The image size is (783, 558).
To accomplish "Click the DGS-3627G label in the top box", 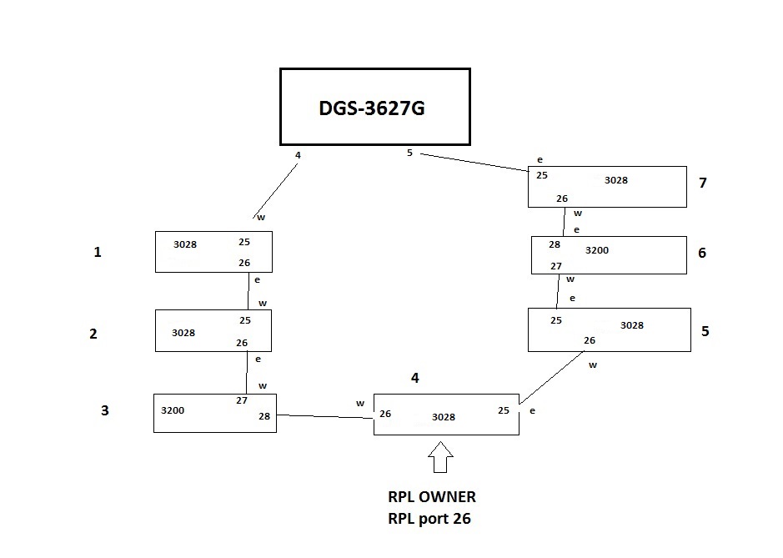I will pyautogui.click(x=372, y=108).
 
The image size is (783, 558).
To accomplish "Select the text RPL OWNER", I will pyautogui.click(x=431, y=497).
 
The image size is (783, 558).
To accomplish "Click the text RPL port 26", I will pyautogui.click(x=429, y=518).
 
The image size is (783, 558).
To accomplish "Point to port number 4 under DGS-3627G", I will pyautogui.click(x=298, y=154).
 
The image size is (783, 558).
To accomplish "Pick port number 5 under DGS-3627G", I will pyautogui.click(x=409, y=153).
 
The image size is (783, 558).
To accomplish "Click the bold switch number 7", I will pyautogui.click(x=703, y=183).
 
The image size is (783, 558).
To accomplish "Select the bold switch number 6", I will pyautogui.click(x=702, y=253).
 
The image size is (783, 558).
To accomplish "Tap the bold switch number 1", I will pyautogui.click(x=98, y=251).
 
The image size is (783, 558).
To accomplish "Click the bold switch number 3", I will pyautogui.click(x=104, y=410).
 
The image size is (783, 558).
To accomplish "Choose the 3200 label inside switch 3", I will pyautogui.click(x=173, y=410).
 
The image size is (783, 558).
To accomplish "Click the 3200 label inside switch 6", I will pyautogui.click(x=597, y=249).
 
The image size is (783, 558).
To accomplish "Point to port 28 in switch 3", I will pyautogui.click(x=264, y=416).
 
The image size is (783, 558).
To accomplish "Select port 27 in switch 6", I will pyautogui.click(x=555, y=266).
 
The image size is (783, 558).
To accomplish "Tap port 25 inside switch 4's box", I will pyautogui.click(x=504, y=410).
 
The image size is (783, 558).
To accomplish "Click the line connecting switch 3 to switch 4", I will pyautogui.click(x=324, y=416).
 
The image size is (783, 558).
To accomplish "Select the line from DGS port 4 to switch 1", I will pyautogui.click(x=276, y=190).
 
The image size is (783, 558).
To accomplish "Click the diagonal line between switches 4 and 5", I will pyautogui.click(x=551, y=378).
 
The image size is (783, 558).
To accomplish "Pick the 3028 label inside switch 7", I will pyautogui.click(x=616, y=180).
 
